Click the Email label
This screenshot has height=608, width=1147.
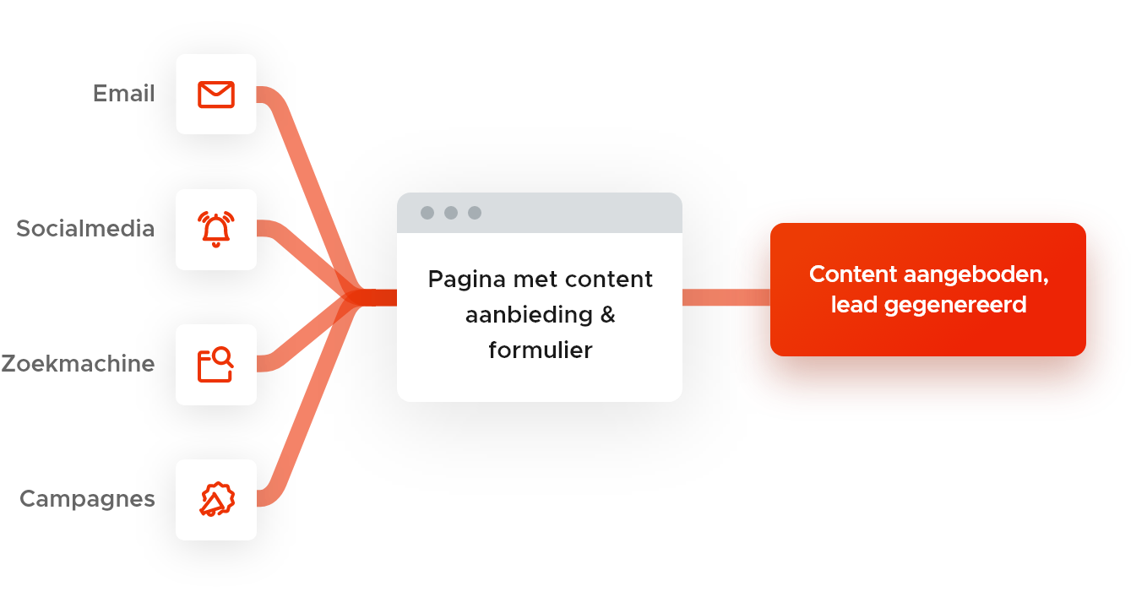(123, 94)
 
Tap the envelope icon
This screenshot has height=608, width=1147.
(216, 95)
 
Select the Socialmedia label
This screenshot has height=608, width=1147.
(85, 229)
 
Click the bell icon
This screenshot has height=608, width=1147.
(216, 230)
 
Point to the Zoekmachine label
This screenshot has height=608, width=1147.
(78, 364)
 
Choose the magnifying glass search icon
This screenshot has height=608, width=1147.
(216, 365)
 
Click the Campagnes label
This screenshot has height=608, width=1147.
(87, 499)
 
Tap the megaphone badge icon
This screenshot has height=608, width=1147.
(216, 500)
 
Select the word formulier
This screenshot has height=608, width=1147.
(541, 350)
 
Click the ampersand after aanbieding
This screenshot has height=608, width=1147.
(607, 314)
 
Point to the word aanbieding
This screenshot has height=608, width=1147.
(529, 314)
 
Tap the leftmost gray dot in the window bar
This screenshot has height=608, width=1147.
(427, 213)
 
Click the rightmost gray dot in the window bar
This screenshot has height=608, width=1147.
(475, 213)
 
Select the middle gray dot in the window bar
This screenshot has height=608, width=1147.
(451, 213)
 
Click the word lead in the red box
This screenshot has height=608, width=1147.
(854, 304)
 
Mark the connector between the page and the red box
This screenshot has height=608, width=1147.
(726, 297)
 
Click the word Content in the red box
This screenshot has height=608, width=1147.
(852, 275)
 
